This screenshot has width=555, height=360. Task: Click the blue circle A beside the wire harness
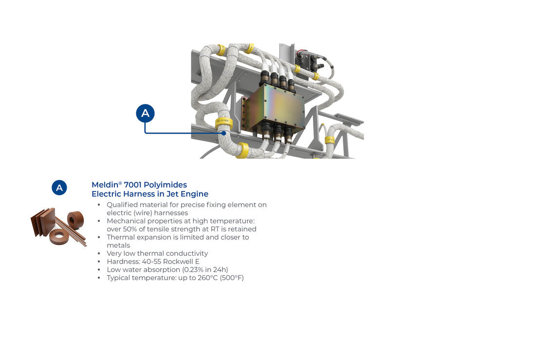coord(145,113)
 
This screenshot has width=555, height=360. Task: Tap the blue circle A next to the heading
coord(59,188)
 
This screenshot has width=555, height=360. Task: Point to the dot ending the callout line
coord(223,133)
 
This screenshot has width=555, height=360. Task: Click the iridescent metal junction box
coord(276,108)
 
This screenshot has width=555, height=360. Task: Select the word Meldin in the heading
coord(105,185)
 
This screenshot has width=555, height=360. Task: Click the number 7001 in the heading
coord(132,185)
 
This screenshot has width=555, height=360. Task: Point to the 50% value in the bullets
coord(130,229)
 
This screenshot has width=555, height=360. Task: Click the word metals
coord(118,245)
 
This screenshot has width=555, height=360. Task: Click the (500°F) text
coord(232,278)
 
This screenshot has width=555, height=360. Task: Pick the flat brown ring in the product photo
coord(59,236)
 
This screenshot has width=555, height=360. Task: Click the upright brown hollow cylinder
coord(75,220)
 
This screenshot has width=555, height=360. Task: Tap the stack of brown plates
coord(43,222)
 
